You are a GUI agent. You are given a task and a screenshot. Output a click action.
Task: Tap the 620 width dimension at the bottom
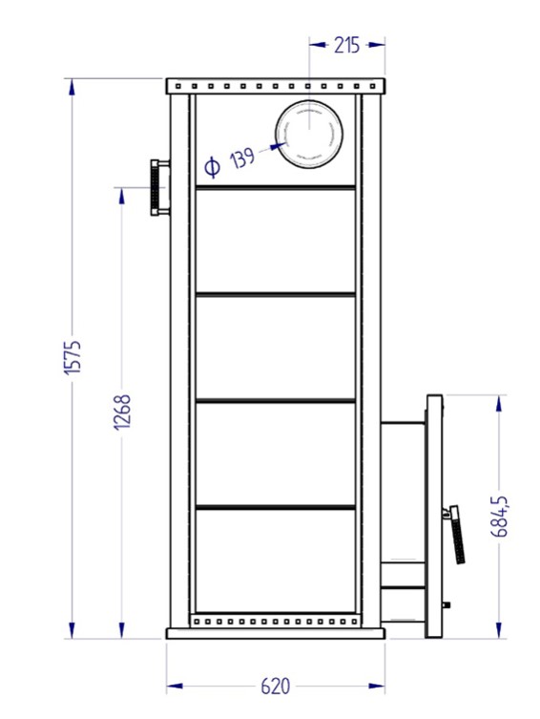tap(275, 687)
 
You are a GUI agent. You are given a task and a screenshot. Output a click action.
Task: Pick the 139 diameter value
tap(243, 158)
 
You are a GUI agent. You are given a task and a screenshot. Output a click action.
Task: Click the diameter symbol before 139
tap(213, 168)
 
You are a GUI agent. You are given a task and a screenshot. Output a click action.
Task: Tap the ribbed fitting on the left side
tap(157, 187)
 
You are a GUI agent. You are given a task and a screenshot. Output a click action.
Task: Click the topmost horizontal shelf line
tap(275, 188)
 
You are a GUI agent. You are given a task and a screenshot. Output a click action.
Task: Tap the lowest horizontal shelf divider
tap(275, 506)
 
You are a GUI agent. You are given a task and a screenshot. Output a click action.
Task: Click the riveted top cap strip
tap(275, 87)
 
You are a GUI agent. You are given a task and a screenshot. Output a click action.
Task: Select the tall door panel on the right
tap(434, 516)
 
